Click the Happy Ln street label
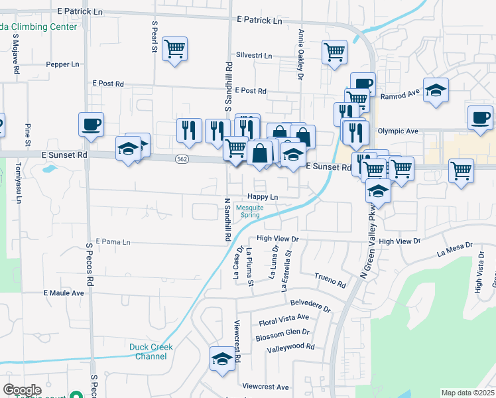point(263,197)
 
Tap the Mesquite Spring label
point(250,211)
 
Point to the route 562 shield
point(182,159)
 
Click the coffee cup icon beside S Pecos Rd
point(91,124)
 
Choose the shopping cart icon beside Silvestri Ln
point(334,52)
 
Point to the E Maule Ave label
point(64,293)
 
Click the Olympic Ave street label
point(398,131)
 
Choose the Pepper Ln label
point(62,65)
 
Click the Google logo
point(23,390)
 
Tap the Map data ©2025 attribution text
point(467,393)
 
